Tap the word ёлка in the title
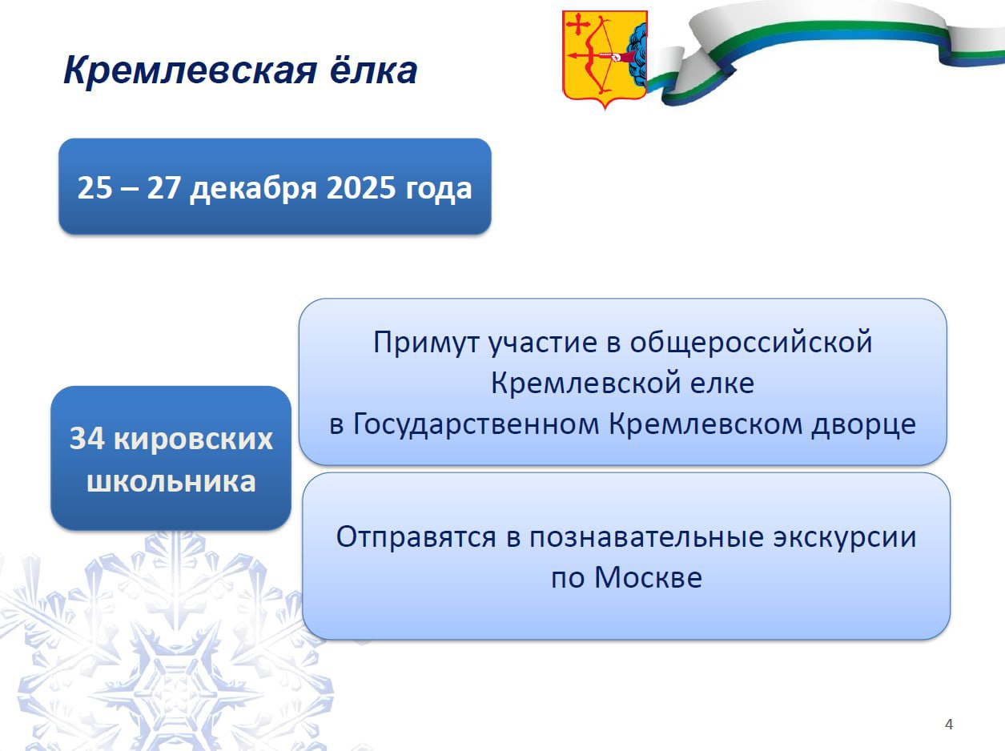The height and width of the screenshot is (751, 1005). click(374, 70)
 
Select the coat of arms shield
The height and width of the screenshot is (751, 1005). click(605, 59)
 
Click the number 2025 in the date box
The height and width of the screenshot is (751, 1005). click(361, 187)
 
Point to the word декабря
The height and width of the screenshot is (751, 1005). click(253, 190)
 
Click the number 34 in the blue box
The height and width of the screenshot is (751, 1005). click(87, 439)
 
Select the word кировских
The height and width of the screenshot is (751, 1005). click(193, 439)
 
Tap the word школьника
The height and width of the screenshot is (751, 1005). click(171, 481)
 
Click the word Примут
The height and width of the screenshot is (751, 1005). click(426, 343)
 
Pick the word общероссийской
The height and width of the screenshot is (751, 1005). click(751, 343)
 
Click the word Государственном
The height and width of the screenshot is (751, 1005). click(476, 424)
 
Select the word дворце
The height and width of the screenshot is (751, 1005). click(863, 424)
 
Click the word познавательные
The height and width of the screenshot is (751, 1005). click(646, 536)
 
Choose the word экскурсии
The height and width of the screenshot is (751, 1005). click(845, 537)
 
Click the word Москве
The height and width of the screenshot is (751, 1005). click(648, 577)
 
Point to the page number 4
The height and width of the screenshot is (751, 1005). click(949, 725)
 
